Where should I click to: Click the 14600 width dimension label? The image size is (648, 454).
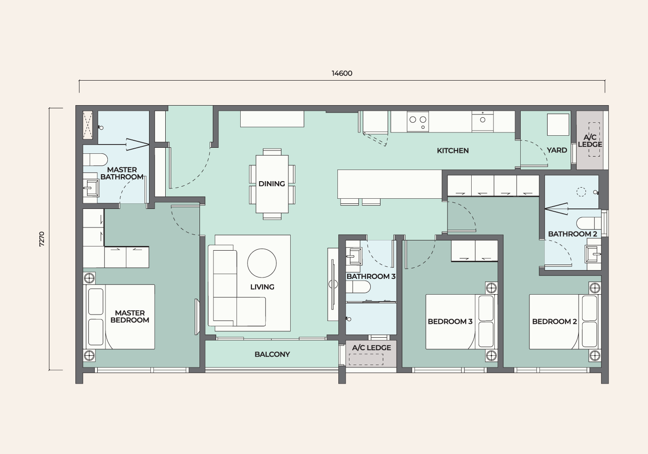tap(342, 73)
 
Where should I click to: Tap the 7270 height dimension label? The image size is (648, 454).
tap(42, 239)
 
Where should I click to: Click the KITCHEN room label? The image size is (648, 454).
tap(453, 151)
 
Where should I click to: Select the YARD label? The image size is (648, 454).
tap(557, 150)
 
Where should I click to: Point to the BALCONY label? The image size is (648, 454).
tap(272, 354)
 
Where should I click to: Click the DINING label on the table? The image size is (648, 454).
tap(272, 183)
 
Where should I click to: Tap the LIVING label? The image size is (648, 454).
tap(262, 287)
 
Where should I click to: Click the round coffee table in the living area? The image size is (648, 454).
tap(262, 263)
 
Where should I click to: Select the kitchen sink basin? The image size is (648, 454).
tap(482, 121)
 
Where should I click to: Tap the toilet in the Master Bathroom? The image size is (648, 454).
tap(95, 159)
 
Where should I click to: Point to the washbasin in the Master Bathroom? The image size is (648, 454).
tap(91, 188)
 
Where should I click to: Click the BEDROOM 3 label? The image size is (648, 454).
tap(450, 322)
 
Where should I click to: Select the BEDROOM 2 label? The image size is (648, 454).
tap(555, 322)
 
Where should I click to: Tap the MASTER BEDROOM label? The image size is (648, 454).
tap(130, 316)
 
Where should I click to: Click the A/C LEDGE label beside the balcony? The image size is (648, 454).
tap(371, 348)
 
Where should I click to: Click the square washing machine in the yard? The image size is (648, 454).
tap(558, 124)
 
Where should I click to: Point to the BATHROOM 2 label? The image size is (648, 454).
tap(573, 234)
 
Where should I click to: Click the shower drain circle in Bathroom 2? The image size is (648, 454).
tap(581, 192)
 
